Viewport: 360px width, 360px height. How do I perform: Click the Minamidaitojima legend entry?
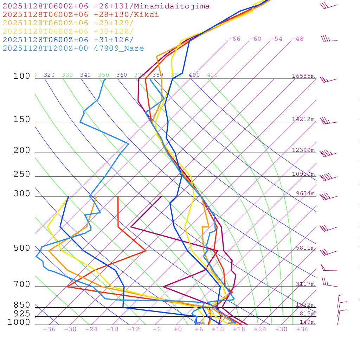point(106,6)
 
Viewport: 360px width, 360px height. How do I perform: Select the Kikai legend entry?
point(81,15)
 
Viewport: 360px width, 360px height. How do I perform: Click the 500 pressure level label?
point(22,248)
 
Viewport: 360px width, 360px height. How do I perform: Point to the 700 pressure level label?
point(22,284)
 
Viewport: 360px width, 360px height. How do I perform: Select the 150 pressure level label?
point(22,120)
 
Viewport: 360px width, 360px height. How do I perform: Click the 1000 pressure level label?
point(19,322)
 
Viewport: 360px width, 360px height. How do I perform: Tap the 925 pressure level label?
point(22,313)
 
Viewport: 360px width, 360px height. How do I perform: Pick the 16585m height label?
point(303,76)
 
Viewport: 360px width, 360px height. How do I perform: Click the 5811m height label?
point(305,248)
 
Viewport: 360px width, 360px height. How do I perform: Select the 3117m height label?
point(305,284)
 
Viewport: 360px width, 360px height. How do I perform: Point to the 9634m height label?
point(305,193)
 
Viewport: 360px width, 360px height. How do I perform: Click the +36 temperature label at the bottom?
point(302,329)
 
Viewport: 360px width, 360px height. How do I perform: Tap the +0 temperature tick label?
point(178,329)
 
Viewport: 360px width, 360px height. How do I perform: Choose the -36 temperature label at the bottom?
point(49,329)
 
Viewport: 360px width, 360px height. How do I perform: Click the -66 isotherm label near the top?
point(234,39)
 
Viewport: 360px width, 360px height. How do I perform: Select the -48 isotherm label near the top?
point(297,39)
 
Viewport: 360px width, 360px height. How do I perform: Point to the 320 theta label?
point(49,75)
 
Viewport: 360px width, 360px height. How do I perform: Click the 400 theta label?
point(194,75)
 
